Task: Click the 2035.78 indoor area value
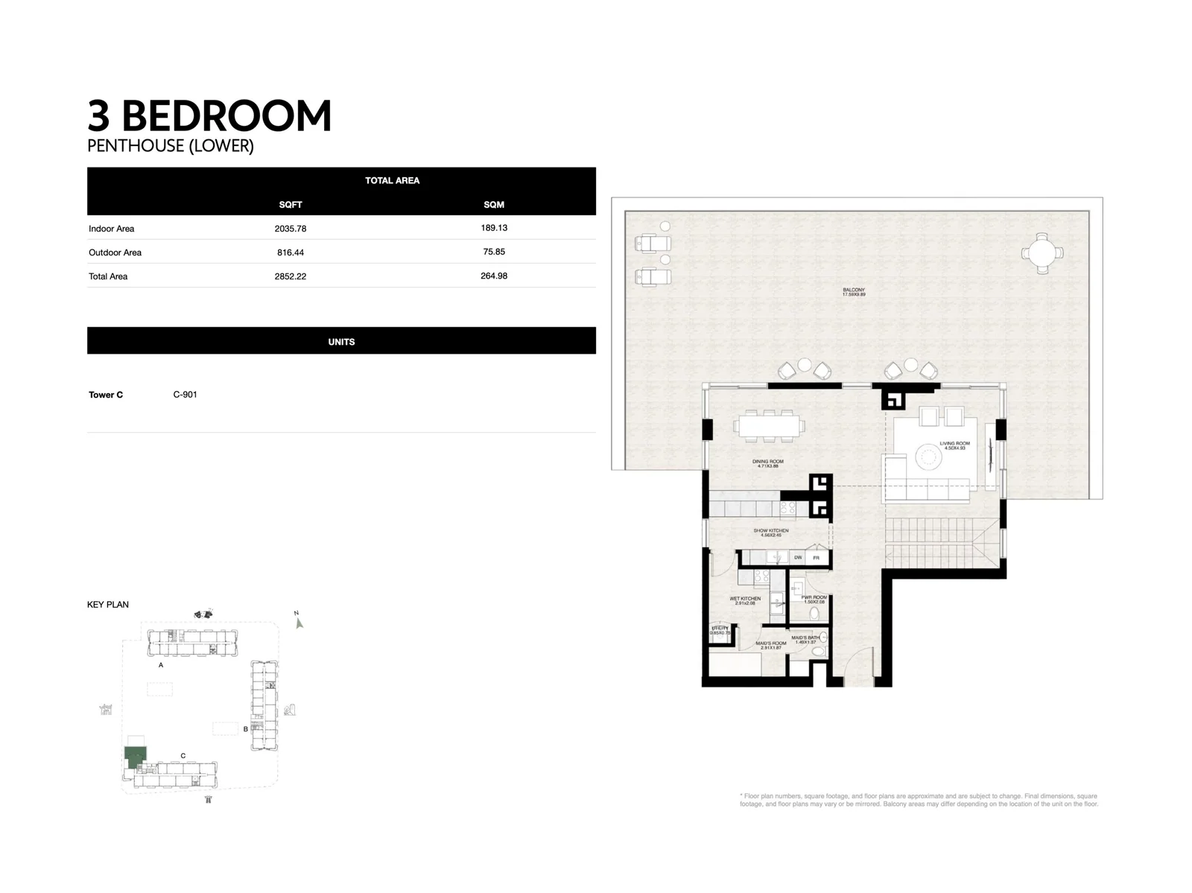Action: click(291, 229)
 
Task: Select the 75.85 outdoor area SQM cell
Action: click(494, 252)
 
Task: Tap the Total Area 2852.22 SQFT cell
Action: click(291, 276)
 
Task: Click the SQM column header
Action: click(494, 204)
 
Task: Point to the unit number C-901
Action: click(185, 395)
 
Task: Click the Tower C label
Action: click(106, 395)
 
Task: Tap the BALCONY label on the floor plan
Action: click(854, 290)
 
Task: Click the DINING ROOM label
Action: click(767, 462)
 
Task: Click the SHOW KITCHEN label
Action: click(770, 531)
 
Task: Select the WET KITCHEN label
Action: click(745, 599)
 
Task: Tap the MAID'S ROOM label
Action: click(770, 643)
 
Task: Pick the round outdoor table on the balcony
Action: click(1042, 252)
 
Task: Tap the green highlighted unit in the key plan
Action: click(135, 757)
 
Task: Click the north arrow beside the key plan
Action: click(299, 623)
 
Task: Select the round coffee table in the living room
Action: click(929, 457)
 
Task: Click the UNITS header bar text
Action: click(341, 342)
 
